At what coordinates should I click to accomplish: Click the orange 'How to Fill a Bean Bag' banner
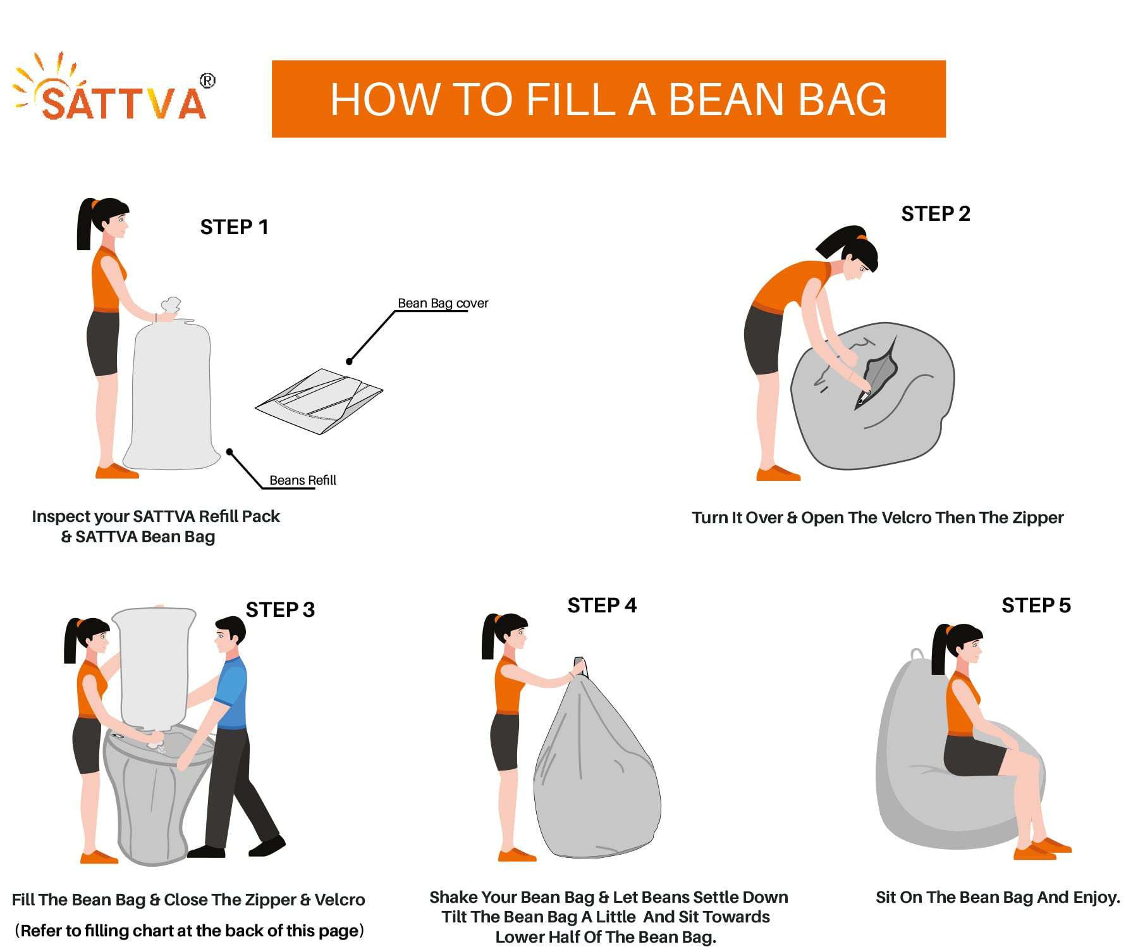[608, 99]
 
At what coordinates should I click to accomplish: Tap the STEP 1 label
[234, 226]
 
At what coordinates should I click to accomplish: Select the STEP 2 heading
[935, 214]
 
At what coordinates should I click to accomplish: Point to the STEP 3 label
[280, 609]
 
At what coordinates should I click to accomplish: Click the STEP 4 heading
[602, 605]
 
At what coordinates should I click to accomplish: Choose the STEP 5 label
[1036, 605]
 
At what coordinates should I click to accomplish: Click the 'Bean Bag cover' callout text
[443, 303]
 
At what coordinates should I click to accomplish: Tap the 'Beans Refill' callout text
[302, 480]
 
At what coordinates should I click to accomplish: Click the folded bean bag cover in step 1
[319, 400]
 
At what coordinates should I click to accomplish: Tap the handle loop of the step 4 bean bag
[579, 666]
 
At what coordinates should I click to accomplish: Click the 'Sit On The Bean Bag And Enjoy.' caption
[998, 897]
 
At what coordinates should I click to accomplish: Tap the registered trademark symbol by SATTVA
[207, 81]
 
